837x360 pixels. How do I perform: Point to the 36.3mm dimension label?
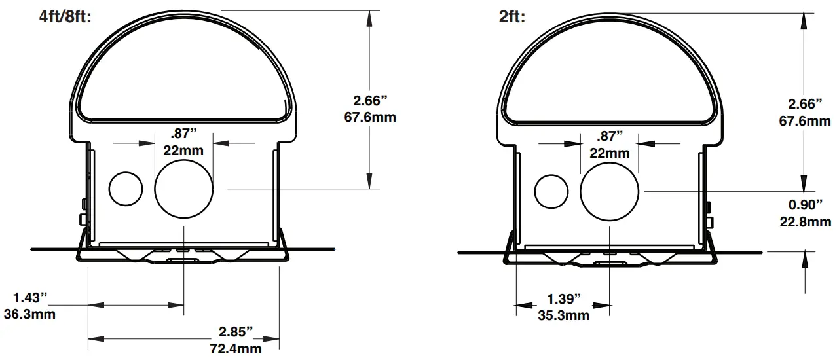click(x=29, y=314)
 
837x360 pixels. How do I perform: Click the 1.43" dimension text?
click(x=26, y=297)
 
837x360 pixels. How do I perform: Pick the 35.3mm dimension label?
click(x=563, y=316)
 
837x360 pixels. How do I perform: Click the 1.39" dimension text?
click(x=563, y=299)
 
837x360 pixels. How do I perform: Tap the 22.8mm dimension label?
click(x=805, y=222)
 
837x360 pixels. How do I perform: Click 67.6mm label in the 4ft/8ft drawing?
click(x=370, y=118)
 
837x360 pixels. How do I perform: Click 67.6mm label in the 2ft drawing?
click(x=805, y=120)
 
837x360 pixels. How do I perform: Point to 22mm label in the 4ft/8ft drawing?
click(x=183, y=150)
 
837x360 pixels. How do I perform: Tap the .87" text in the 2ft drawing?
click(x=610, y=136)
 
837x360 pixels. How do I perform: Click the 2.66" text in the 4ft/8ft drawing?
click(x=370, y=101)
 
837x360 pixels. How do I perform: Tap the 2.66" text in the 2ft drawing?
click(x=805, y=104)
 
